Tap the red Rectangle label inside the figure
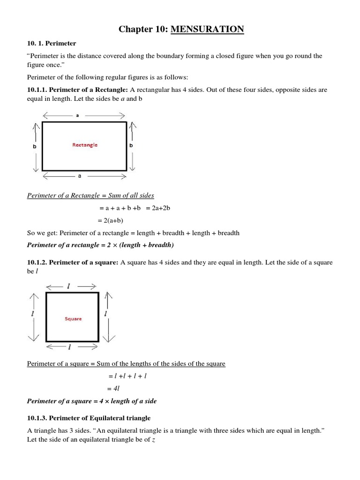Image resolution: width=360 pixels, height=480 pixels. tap(85, 145)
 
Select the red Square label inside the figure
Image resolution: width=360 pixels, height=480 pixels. tap(73, 319)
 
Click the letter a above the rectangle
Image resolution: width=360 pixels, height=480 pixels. tap(77, 116)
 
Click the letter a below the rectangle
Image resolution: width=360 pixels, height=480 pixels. tap(80, 176)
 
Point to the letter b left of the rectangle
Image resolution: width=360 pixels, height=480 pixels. tap(34, 146)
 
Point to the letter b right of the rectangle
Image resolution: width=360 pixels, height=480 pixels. tap(131, 146)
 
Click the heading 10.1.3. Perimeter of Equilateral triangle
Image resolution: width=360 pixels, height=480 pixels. tap(89, 418)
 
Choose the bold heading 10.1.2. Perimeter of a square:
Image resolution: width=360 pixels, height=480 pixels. tap(73, 262)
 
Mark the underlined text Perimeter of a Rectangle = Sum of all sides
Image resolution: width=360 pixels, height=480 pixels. tap(90, 195)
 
